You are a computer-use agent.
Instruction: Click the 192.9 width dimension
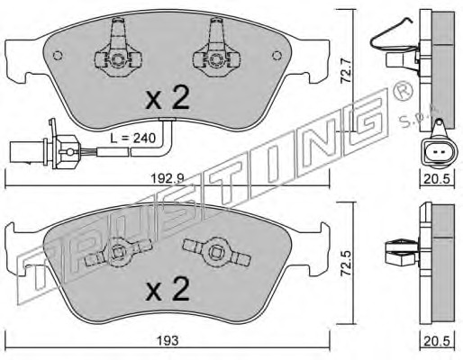click(167, 179)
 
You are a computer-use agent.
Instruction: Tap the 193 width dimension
click(168, 340)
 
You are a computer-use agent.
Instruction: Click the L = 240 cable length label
click(133, 138)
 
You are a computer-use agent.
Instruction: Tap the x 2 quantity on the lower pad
click(168, 288)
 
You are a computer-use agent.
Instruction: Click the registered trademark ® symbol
click(403, 91)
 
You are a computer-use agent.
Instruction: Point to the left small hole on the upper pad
click(58, 56)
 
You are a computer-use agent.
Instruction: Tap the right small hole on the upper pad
click(277, 56)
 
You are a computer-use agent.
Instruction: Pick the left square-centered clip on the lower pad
click(118, 252)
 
